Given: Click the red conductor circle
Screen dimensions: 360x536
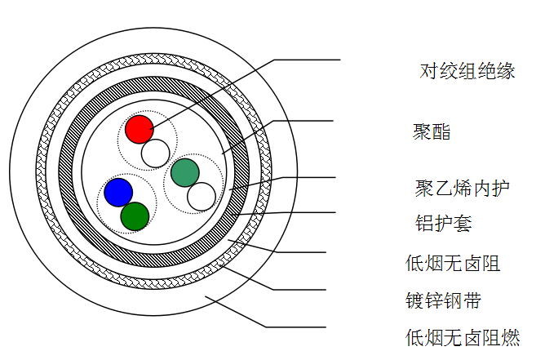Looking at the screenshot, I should [140, 128].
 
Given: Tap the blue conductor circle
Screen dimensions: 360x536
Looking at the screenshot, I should [118, 192].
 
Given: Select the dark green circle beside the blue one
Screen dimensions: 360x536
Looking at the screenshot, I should [135, 216].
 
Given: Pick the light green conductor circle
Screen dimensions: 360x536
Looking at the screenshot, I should [185, 172].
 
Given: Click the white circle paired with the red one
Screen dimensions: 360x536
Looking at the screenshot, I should [155, 153].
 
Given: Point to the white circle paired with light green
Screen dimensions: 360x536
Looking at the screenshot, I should [201, 196].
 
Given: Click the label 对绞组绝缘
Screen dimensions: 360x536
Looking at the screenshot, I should [467, 71].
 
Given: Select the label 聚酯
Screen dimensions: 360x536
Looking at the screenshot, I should [432, 131].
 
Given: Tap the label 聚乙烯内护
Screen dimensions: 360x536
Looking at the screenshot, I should [462, 189].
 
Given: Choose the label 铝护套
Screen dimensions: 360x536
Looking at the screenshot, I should [444, 223].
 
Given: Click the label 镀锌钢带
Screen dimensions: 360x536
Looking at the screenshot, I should [443, 300].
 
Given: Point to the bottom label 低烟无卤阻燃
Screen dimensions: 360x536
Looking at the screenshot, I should [462, 336].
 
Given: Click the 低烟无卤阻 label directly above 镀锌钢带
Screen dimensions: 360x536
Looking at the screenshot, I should [453, 263].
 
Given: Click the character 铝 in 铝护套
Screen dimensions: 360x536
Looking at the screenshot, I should [424, 223].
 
